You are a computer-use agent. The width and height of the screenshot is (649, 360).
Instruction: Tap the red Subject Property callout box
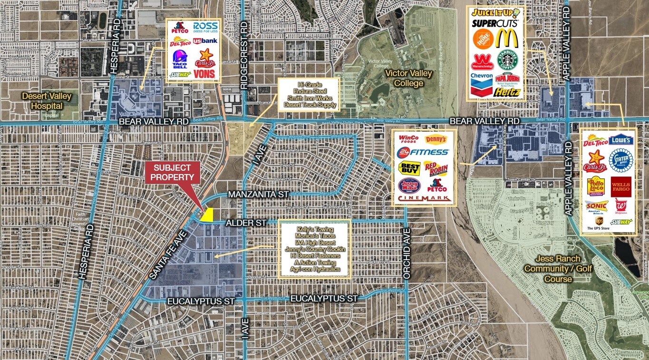173,173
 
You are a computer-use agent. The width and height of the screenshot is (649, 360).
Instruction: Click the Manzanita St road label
259,195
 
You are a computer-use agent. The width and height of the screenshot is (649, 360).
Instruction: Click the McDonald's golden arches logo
507,39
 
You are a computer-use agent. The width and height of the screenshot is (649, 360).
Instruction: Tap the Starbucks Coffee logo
507,60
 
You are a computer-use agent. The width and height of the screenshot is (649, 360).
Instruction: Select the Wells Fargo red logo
620,186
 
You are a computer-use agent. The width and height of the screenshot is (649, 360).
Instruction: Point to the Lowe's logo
621,140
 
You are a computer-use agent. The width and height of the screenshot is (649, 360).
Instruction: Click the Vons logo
204,73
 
